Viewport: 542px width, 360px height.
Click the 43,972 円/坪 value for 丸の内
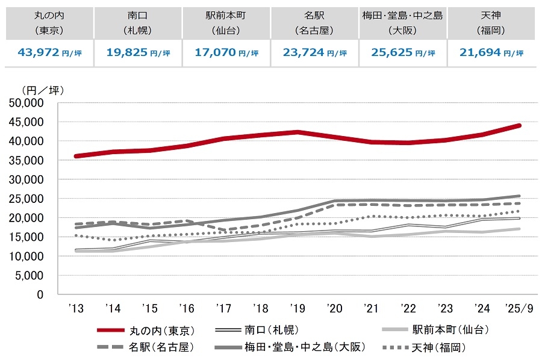50,53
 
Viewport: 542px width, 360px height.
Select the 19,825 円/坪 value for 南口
138,53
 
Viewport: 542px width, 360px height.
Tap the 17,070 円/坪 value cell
226,53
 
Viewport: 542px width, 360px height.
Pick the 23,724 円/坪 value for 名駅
315,53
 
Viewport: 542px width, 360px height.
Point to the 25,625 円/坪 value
403,53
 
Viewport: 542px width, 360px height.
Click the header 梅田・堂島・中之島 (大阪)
403,22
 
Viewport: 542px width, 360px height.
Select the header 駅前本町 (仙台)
226,22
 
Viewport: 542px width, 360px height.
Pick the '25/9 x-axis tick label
519,309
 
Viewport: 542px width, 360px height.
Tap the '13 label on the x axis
76,309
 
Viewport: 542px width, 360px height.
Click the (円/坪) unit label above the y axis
42,90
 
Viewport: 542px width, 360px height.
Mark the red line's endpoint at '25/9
519,125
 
